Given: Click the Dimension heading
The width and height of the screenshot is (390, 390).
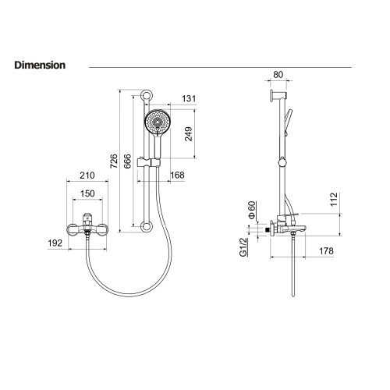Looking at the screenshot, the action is tap(40, 65).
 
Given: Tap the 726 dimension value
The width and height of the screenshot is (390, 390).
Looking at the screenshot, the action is tap(114, 161).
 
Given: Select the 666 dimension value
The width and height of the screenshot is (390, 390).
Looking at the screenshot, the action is tap(127, 161).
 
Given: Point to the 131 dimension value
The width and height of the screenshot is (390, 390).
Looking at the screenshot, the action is tap(189, 98).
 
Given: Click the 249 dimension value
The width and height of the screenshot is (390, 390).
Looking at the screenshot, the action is tap(189, 134).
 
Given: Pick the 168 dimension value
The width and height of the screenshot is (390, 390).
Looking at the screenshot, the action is tap(177, 175).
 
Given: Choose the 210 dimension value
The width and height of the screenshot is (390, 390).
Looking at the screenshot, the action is tap(87, 175).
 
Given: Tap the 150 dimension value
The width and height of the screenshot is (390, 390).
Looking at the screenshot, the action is tap(87, 193).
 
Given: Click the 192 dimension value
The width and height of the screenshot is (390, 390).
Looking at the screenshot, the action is tap(55, 243).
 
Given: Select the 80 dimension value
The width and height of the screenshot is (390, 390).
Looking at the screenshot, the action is tap(278, 75).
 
